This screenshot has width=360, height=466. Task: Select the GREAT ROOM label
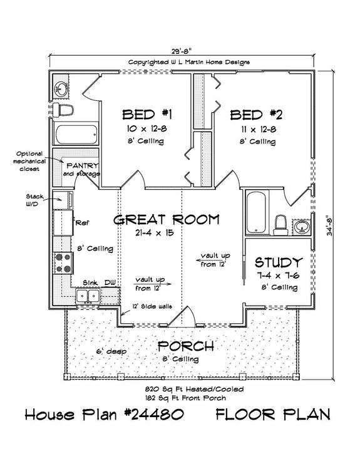click(x=167, y=219)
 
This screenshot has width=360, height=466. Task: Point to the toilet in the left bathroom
click(x=65, y=111)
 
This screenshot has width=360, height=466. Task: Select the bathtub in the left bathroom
click(x=76, y=135)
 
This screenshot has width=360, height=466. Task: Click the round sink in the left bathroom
click(x=61, y=88)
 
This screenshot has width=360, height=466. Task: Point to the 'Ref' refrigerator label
click(x=81, y=222)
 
